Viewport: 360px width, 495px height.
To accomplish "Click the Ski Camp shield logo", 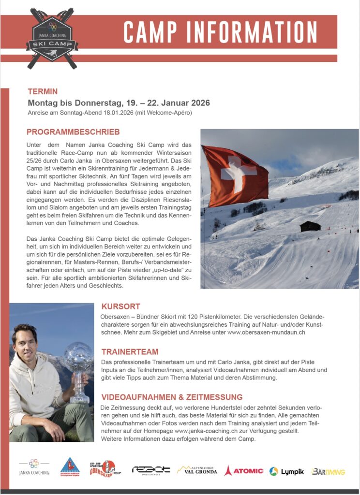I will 52,38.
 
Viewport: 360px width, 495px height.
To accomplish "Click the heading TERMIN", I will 43,91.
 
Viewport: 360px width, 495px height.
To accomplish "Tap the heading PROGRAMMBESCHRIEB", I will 73,132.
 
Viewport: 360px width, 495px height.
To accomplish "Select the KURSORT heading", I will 120,306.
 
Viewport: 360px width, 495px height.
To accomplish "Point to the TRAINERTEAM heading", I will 130,351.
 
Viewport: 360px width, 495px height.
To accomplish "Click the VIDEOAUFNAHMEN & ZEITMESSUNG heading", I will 172,397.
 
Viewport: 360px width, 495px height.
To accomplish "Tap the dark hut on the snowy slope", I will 310,226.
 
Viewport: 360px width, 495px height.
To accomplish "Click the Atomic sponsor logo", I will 244,470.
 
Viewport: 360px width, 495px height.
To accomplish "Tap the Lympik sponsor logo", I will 287,471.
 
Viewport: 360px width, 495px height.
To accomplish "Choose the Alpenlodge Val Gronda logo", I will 197,470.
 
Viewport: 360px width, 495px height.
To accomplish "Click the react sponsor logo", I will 151,470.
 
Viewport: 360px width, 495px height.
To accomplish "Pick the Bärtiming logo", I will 329,471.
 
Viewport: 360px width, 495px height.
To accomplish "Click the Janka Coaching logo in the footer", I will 34,467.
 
